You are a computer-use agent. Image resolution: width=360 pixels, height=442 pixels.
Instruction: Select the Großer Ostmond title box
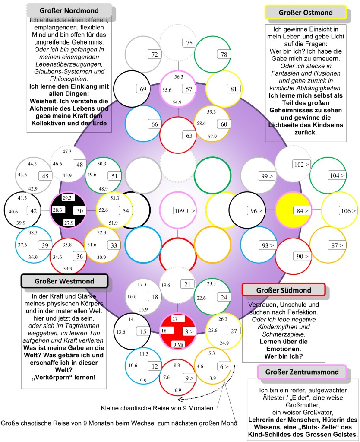point(306,13)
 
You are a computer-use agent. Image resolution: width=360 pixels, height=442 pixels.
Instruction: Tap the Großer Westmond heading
point(64,282)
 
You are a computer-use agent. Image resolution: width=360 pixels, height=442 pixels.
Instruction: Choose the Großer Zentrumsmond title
point(302,372)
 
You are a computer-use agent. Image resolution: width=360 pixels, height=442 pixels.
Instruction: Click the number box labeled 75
point(189,43)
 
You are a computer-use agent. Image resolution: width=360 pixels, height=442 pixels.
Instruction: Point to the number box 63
point(189,135)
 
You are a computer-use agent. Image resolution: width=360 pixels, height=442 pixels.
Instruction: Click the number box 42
point(33,210)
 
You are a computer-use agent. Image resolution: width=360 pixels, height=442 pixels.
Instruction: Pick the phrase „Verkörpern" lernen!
point(64,377)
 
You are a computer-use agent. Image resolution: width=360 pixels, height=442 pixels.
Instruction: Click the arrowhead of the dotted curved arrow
point(179,399)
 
